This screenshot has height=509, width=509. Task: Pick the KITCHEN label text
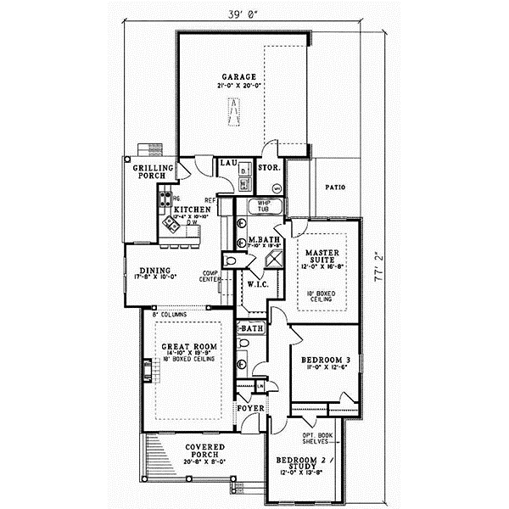coord(193,209)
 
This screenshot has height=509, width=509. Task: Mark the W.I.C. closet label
coord(257,283)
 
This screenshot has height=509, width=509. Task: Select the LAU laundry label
coord(227,162)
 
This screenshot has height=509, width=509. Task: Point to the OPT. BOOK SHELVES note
coord(318,439)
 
